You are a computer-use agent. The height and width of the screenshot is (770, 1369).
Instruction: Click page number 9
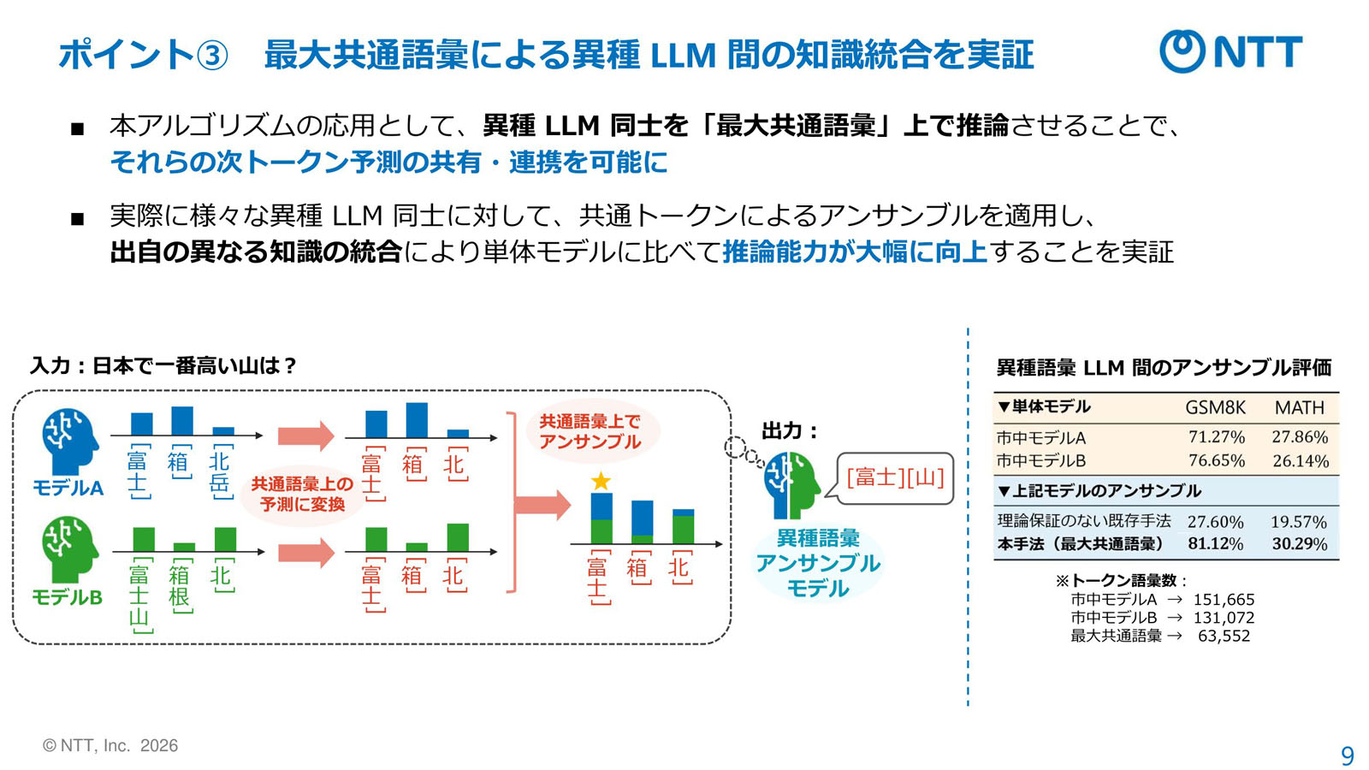click(x=1348, y=755)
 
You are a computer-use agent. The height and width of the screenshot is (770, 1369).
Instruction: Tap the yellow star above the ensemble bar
click(x=601, y=481)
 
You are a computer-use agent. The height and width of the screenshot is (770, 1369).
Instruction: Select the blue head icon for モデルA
click(x=69, y=441)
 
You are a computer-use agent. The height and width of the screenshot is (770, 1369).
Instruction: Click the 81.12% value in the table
click(x=1215, y=544)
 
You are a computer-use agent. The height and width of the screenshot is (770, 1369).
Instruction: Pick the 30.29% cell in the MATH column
click(x=1299, y=544)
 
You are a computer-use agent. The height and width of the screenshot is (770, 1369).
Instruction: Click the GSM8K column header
click(x=1215, y=408)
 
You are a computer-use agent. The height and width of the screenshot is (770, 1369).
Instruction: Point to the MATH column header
click(x=1299, y=408)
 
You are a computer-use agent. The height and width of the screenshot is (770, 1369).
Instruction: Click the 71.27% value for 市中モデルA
click(x=1216, y=437)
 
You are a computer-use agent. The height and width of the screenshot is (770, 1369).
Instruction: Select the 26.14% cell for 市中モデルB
click(x=1300, y=461)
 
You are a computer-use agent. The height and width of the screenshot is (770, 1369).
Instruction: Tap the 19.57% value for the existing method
click(x=1298, y=522)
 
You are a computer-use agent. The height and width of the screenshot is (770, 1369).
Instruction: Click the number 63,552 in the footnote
click(x=1224, y=636)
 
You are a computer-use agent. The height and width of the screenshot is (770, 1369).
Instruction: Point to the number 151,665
click(x=1224, y=600)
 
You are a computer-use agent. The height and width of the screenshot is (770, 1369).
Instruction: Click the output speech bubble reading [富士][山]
click(x=895, y=477)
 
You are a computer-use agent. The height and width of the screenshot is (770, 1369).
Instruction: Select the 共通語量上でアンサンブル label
click(x=590, y=431)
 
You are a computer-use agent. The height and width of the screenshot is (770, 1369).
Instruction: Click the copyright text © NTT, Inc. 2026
click(x=110, y=745)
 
